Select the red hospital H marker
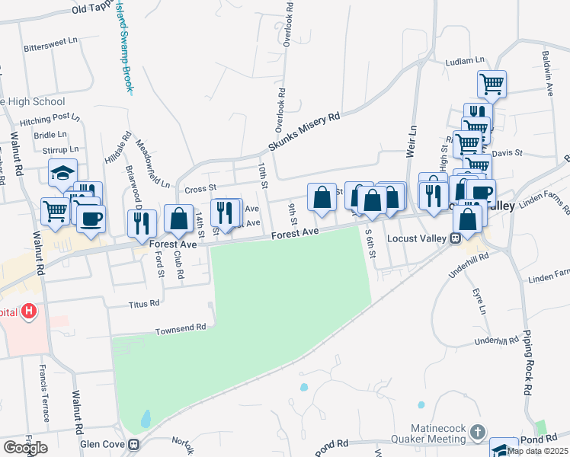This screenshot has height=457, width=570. [29, 311]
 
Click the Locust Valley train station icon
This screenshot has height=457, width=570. [455, 238]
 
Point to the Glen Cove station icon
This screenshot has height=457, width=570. [134, 444]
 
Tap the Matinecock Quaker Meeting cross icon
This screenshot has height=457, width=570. [477, 433]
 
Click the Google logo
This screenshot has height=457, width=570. [24, 448]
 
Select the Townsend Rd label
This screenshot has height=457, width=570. [181, 328]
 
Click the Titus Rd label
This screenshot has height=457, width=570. [144, 302]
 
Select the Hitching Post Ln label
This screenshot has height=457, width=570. [50, 119]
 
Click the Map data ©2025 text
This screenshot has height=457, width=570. [536, 450]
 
